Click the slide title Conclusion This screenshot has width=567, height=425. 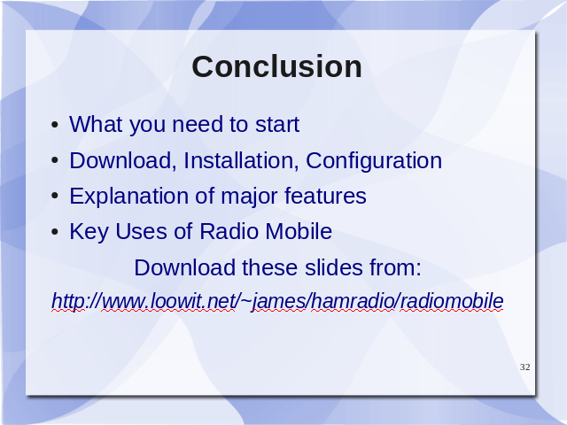point(276,67)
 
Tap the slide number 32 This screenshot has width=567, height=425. point(525,367)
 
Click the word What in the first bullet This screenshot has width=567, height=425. point(96,124)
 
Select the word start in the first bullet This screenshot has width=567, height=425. point(277,125)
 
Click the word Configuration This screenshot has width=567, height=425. point(374,161)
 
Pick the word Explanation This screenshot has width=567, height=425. point(128,197)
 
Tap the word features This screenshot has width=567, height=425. point(325,196)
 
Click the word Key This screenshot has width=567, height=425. point(89,232)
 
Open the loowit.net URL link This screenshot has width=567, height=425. point(277,301)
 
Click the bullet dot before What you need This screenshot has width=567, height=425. point(55,126)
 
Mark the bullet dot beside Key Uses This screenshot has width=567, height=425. point(55,232)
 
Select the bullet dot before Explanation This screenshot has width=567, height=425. point(55,197)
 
